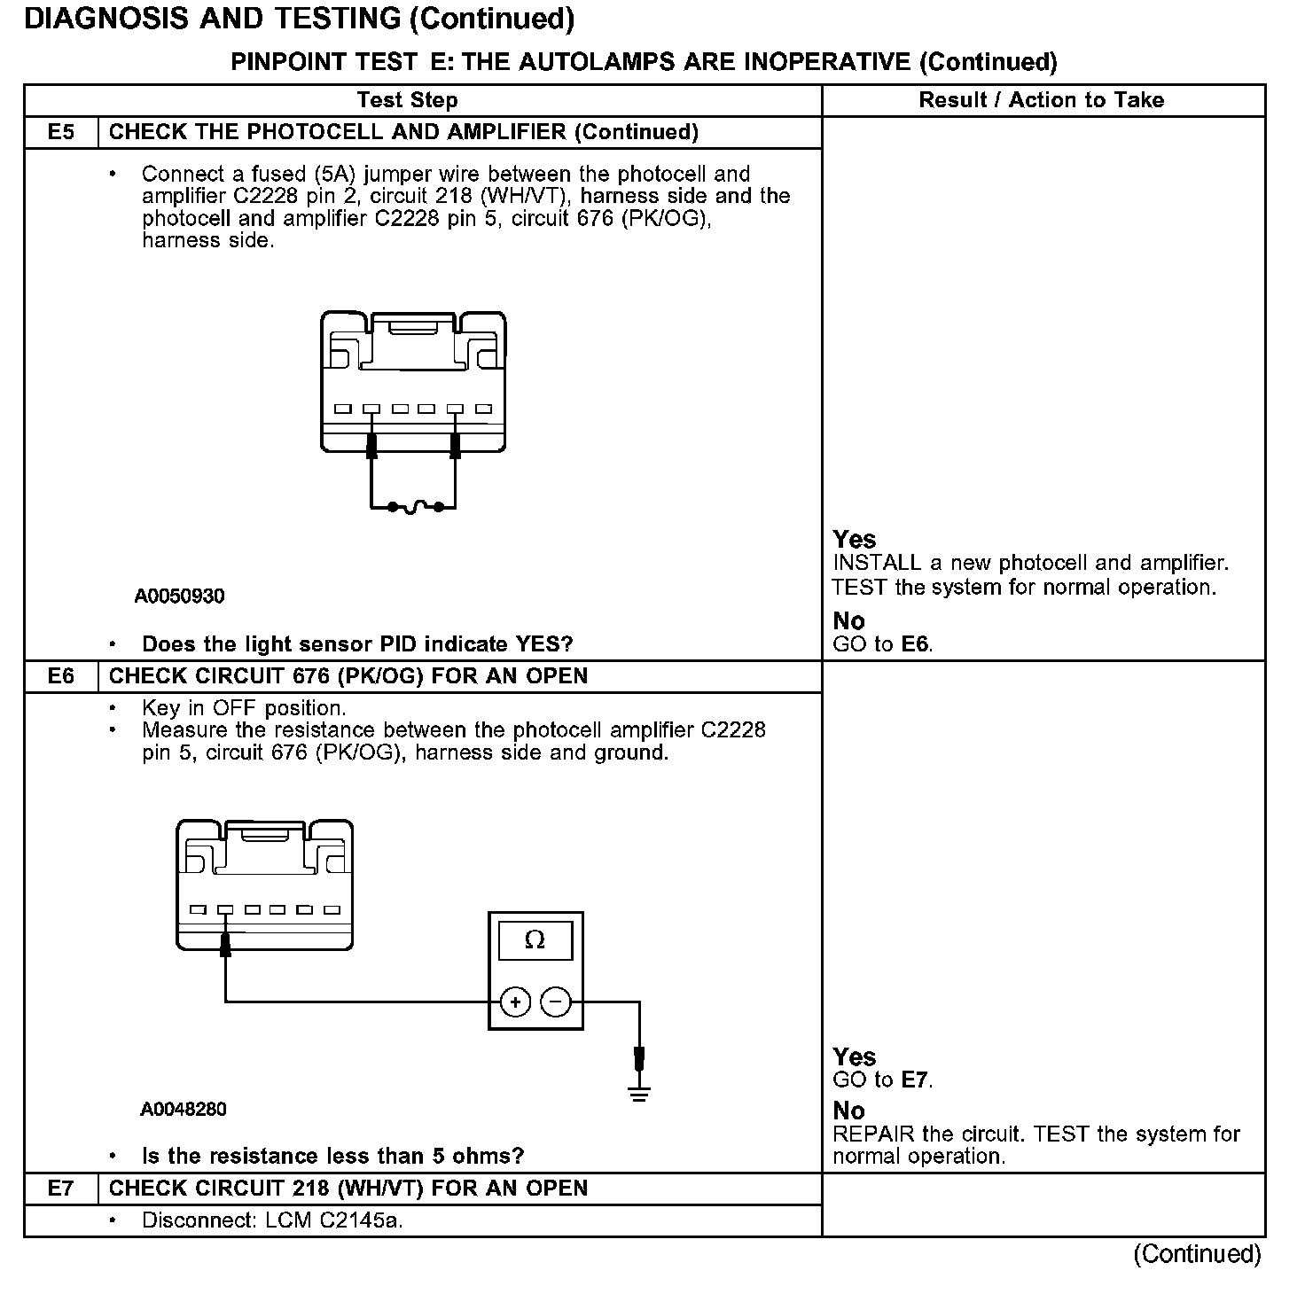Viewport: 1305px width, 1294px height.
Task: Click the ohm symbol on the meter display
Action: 535,940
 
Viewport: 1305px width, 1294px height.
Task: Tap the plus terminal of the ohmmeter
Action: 515,1002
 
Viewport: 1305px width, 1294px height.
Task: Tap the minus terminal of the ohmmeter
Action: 556,1002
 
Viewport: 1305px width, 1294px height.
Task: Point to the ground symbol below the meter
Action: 638,1092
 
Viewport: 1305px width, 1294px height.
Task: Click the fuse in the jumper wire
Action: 414,508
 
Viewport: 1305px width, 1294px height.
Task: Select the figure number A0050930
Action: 180,596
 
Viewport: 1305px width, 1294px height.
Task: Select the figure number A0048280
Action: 183,1109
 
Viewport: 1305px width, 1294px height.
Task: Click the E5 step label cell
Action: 61,132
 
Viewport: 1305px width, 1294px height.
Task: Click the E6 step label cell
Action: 61,676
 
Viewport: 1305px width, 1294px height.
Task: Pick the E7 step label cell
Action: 61,1189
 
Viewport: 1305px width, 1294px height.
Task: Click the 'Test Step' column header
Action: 408,100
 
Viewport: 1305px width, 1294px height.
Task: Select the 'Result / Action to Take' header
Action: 1042,100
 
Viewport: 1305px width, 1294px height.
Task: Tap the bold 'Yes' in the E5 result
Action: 855,540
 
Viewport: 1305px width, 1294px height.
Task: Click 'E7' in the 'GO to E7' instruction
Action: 916,1080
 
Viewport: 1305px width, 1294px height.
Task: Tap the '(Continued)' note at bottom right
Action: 1197,1254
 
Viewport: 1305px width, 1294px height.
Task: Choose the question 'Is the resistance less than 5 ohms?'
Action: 332,1156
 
